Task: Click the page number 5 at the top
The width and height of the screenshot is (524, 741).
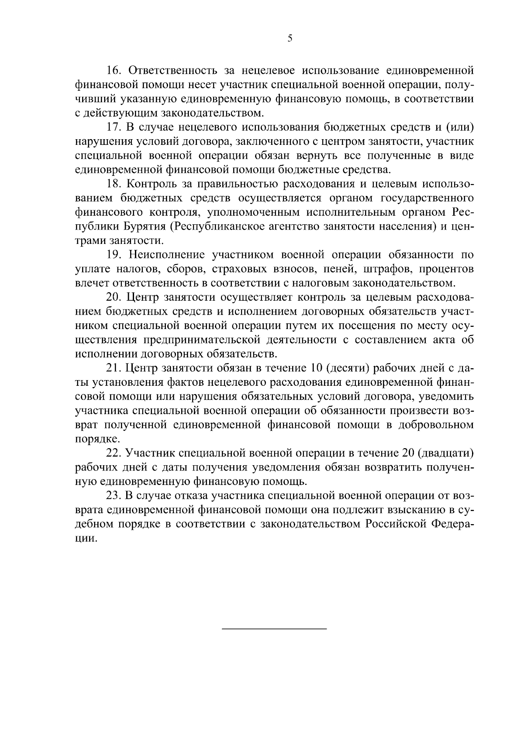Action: pos(290,39)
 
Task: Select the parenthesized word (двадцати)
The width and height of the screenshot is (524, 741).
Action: pos(445,454)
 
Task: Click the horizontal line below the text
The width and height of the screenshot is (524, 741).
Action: pos(275,629)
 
